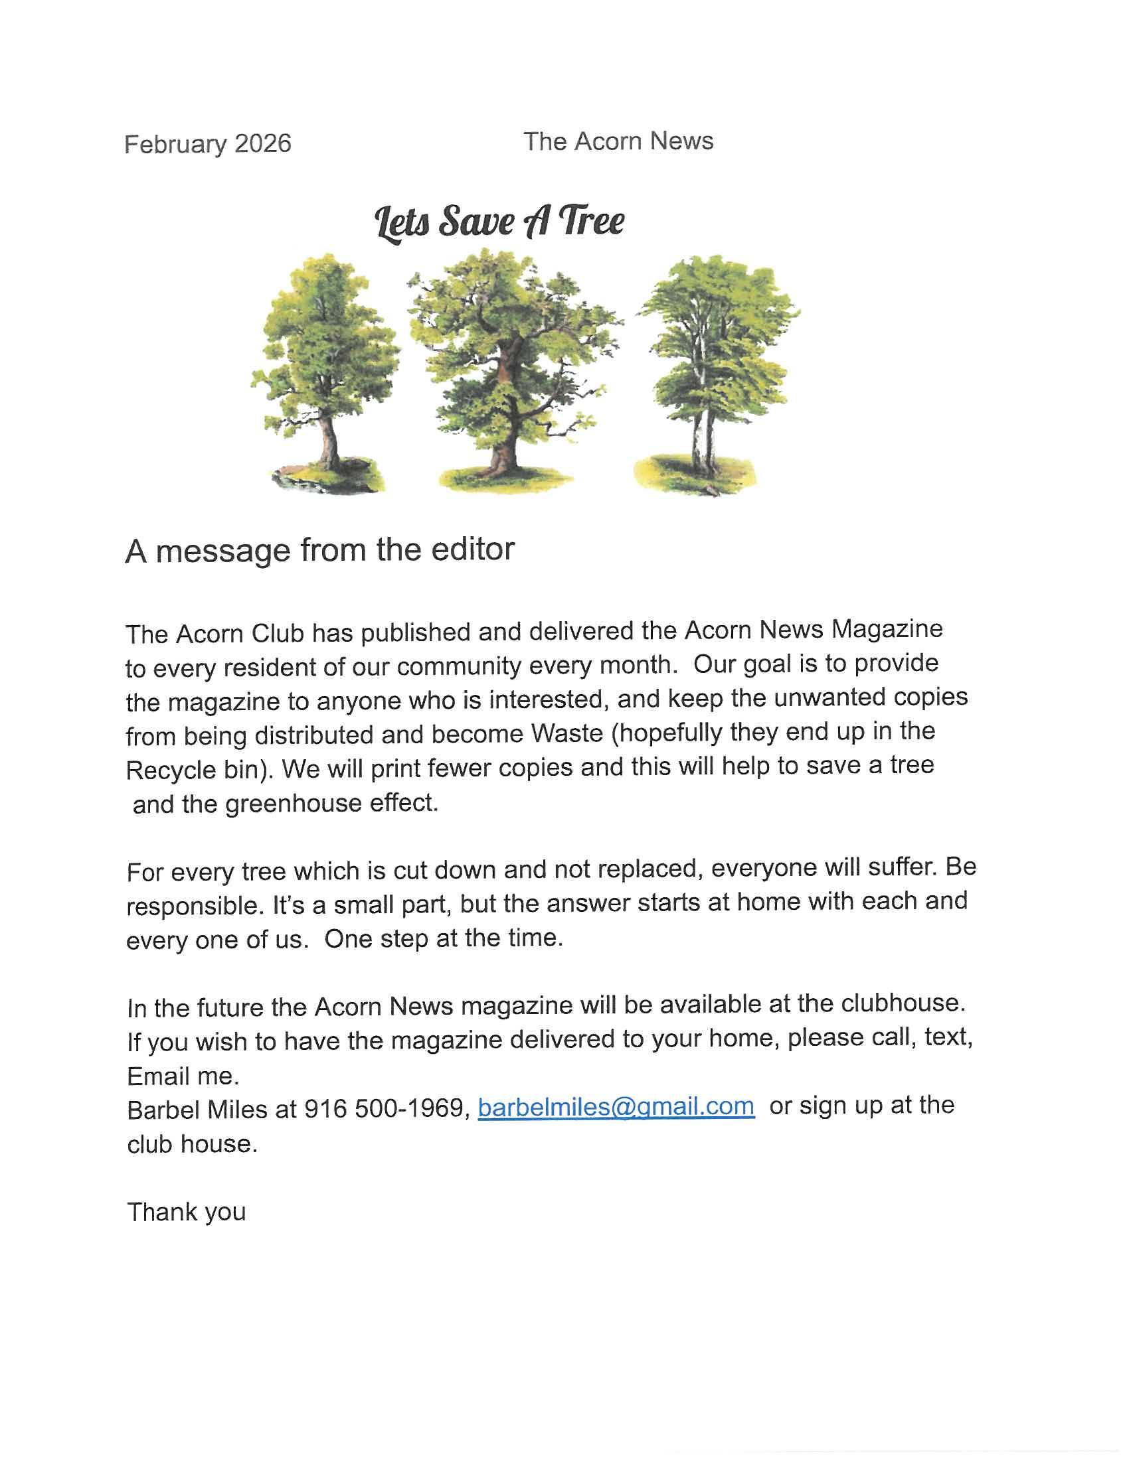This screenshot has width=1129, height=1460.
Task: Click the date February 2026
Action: pyautogui.click(x=207, y=145)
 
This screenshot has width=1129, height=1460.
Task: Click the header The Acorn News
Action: pyautogui.click(x=618, y=142)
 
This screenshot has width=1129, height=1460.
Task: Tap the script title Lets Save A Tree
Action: pyautogui.click(x=499, y=222)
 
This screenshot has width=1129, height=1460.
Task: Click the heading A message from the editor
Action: pyautogui.click(x=319, y=550)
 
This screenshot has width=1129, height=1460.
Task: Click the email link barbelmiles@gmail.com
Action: pyautogui.click(x=616, y=1107)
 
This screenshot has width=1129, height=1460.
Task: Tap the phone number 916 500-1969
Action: pyautogui.click(x=384, y=1109)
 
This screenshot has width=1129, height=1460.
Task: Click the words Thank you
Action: pyautogui.click(x=187, y=1212)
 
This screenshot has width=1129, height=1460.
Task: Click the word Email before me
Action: pyautogui.click(x=159, y=1076)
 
